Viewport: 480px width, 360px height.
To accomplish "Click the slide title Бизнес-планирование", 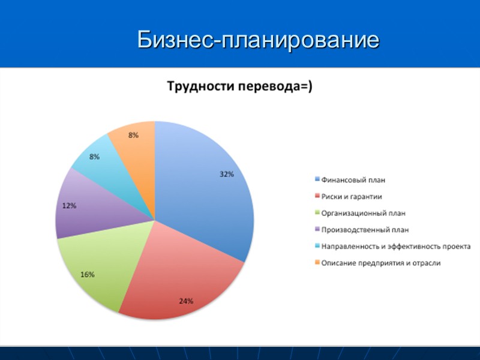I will pyautogui.click(x=258, y=40).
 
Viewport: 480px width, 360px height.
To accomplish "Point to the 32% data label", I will pyautogui.click(x=226, y=175).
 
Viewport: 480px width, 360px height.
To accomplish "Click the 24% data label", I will pyautogui.click(x=186, y=301).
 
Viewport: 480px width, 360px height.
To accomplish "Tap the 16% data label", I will pyautogui.click(x=88, y=274).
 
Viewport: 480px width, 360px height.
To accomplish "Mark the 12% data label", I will pyautogui.click(x=69, y=205).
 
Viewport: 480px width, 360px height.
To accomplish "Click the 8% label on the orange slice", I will pyautogui.click(x=133, y=136).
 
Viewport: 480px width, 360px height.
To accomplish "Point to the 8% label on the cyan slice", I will pyautogui.click(x=95, y=157).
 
